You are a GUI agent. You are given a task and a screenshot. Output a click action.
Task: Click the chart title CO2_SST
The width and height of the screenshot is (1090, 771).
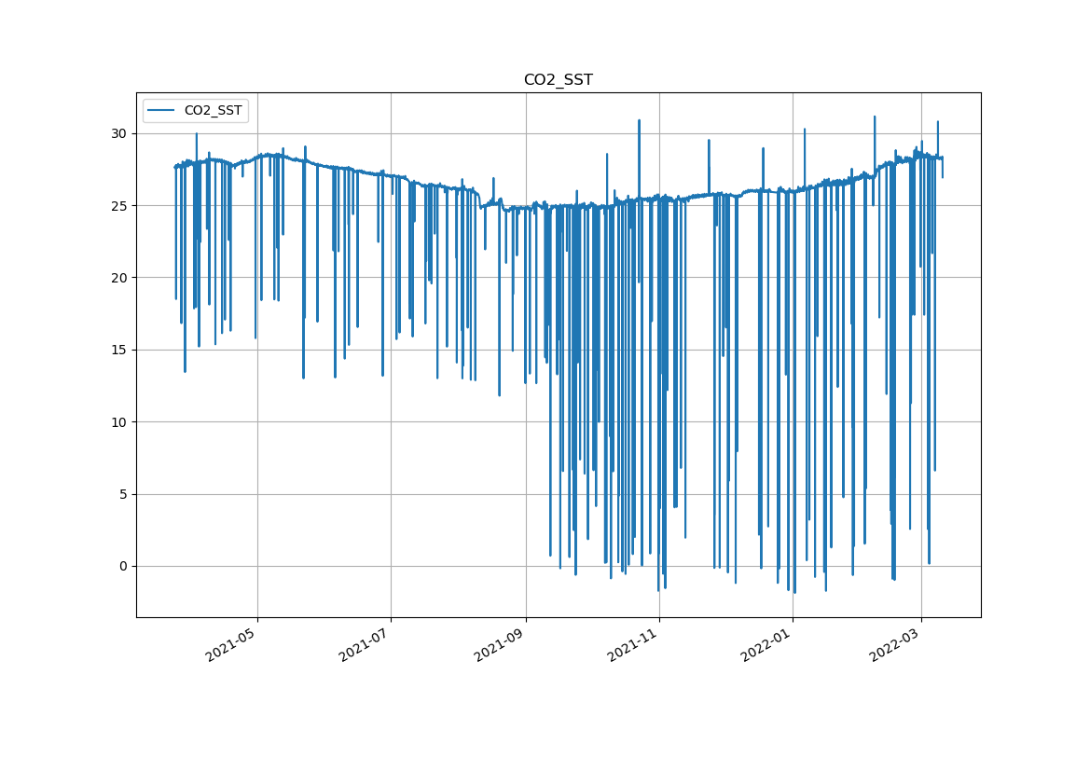point(558,80)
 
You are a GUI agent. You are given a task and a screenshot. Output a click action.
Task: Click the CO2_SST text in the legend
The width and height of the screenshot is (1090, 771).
point(213,111)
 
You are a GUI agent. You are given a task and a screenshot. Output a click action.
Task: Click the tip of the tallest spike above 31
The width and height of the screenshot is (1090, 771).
point(875,117)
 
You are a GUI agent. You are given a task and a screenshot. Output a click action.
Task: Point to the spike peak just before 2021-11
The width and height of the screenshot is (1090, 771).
point(639,120)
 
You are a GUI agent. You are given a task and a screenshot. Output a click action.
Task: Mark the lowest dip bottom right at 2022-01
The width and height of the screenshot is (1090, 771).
point(794,593)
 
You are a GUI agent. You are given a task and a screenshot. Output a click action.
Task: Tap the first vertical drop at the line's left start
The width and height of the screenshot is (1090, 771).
point(175,233)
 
